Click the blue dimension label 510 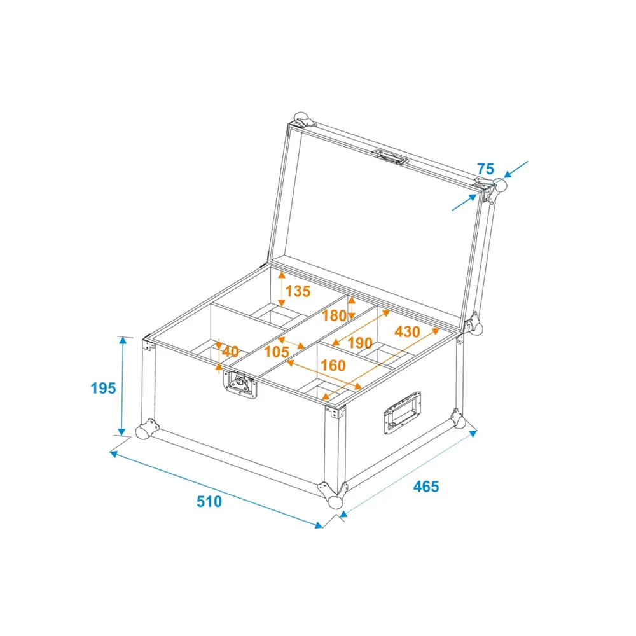pos(209,502)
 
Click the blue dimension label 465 pos(426,487)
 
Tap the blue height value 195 pos(103,388)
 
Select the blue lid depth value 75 pos(485,169)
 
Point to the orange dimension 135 pos(298,291)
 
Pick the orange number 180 pos(335,315)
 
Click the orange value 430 pos(407,332)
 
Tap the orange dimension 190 pos(360,343)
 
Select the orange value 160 pos(333,366)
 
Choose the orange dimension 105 pos(277,352)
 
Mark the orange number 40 pos(230,351)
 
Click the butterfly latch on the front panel pos(240,384)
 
